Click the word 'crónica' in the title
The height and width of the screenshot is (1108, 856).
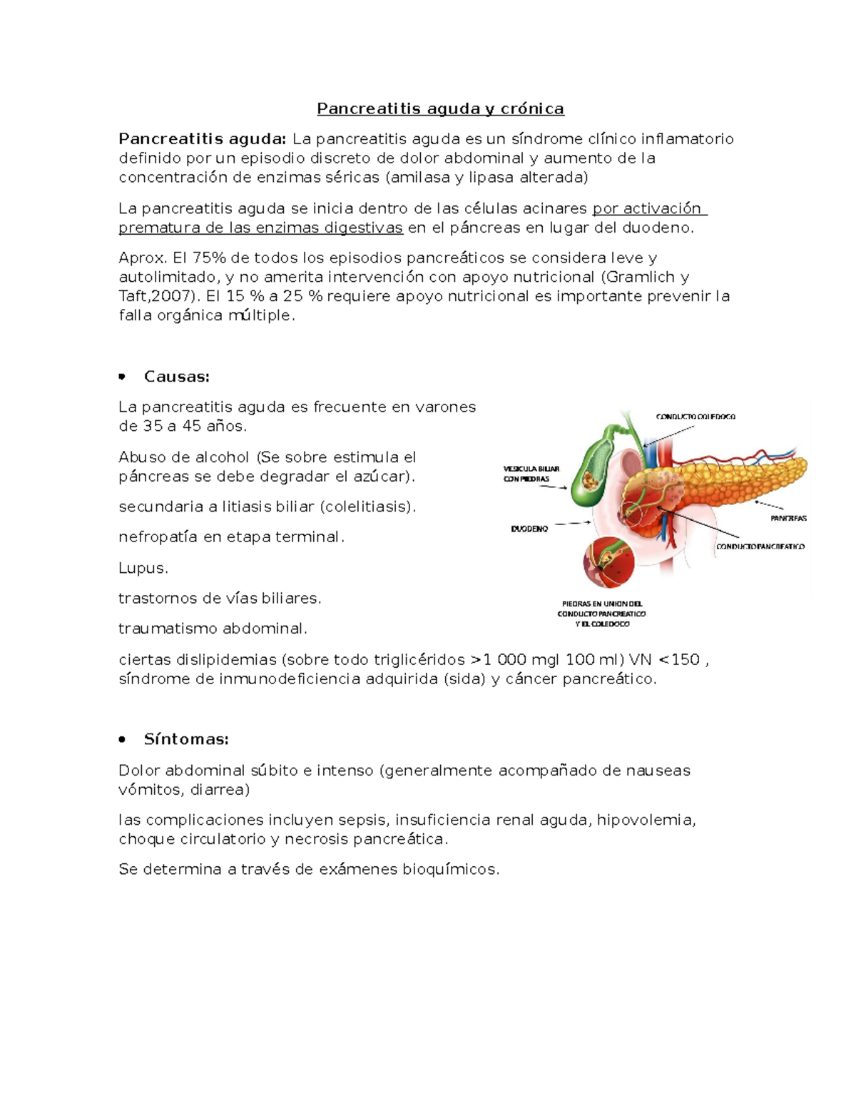click(531, 108)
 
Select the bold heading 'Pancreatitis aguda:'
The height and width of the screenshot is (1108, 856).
click(202, 138)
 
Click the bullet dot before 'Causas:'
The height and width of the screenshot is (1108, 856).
click(123, 376)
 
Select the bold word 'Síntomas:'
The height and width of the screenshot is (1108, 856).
click(186, 739)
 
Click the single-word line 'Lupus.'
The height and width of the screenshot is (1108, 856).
click(143, 568)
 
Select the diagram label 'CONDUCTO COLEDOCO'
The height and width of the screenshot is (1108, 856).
click(695, 416)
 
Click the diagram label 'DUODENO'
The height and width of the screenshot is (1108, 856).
click(529, 529)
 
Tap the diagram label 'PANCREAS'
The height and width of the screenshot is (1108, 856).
click(788, 518)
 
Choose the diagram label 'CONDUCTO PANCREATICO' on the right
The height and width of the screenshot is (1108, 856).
click(760, 547)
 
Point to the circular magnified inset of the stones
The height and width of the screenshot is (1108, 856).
click(608, 561)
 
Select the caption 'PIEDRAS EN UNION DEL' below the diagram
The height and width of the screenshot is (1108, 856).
click(602, 604)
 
